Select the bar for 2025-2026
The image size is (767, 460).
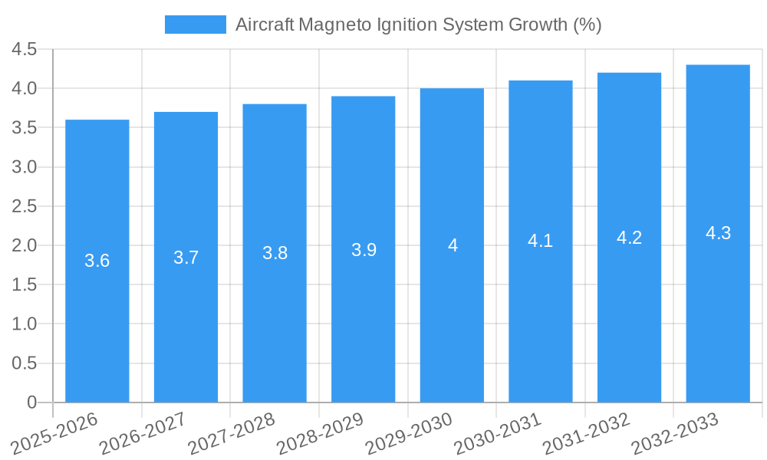click(x=97, y=261)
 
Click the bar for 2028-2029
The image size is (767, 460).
click(x=364, y=249)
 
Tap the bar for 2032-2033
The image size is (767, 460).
click(x=718, y=233)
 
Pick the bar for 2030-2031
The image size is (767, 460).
click(x=541, y=241)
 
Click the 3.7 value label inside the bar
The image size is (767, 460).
click(x=186, y=258)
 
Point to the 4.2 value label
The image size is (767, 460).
click(x=629, y=238)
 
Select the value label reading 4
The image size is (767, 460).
click(x=453, y=245)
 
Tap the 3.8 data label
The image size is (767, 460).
click(x=275, y=253)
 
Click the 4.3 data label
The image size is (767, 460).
click(x=718, y=233)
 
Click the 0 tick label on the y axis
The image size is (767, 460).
click(x=31, y=402)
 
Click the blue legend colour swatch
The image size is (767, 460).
click(x=195, y=25)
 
